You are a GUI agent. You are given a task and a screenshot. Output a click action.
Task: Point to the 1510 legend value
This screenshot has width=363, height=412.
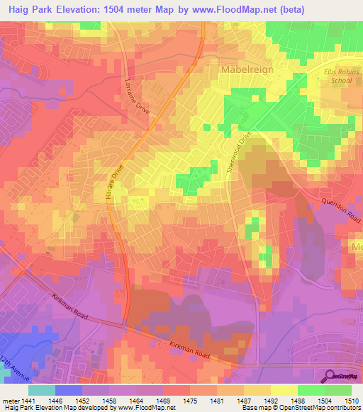[352, 400]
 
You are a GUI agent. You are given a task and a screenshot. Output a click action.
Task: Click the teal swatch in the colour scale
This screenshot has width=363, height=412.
[42, 390]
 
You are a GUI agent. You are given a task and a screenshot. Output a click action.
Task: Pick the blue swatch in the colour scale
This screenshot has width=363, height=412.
[69, 390]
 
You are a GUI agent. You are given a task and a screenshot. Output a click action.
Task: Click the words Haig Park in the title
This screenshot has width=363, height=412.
[34, 11]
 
